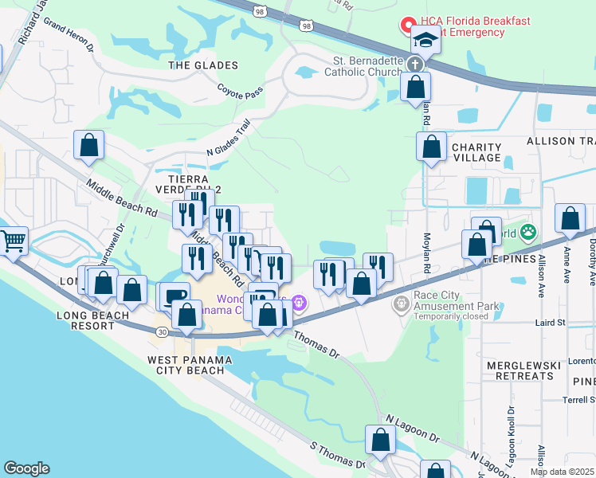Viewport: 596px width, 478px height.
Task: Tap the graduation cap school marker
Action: (426, 40)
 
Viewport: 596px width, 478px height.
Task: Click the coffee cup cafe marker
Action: (174, 296)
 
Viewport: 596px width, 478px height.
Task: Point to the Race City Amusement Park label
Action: (456, 305)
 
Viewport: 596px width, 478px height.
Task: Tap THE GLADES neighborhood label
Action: (203, 65)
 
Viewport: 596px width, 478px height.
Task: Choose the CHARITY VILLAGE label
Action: (476, 152)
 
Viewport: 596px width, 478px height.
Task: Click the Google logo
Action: (25, 468)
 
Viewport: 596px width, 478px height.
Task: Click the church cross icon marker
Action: (414, 65)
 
